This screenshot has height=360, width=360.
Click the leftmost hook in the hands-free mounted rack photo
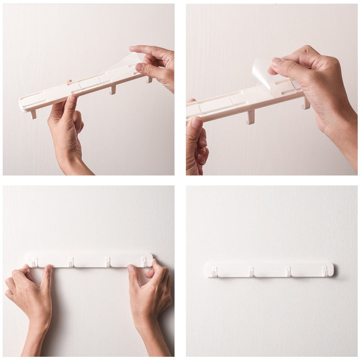pyautogui.click(x=214, y=272)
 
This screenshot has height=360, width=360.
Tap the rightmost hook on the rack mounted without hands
pyautogui.click(x=324, y=271)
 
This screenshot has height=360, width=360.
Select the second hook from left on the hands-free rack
pyautogui.click(x=251, y=271)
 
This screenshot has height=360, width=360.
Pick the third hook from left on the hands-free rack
pyautogui.click(x=288, y=271)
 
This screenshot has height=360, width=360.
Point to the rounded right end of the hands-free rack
pyautogui.click(x=331, y=269)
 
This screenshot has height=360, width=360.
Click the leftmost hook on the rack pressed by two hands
pyautogui.click(x=34, y=262)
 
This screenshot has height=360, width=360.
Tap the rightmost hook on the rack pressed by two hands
pyautogui.click(x=144, y=261)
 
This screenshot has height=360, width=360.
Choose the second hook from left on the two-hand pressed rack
pyautogui.click(x=71, y=262)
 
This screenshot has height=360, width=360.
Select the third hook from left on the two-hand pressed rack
pyautogui.click(x=108, y=262)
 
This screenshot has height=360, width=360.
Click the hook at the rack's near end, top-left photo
pyautogui.click(x=33, y=114)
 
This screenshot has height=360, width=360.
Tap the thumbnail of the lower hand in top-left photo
pyautogui.click(x=72, y=98)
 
